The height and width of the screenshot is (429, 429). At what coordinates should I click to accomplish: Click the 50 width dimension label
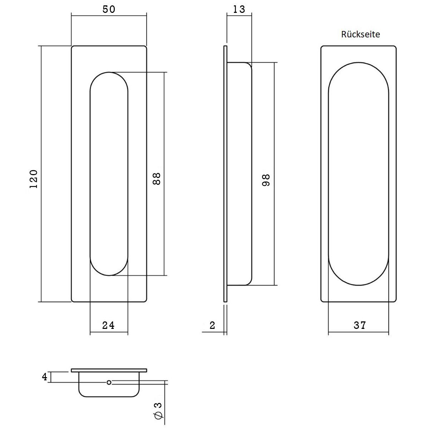coord(109,9)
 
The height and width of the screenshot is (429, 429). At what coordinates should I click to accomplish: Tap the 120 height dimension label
coord(34,179)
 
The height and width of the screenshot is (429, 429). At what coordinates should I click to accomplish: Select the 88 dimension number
coord(157,179)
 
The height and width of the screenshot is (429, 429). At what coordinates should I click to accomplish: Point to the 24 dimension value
coord(108,325)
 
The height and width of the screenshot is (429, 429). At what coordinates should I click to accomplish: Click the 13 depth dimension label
coord(239,9)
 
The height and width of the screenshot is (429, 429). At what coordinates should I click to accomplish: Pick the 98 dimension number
coord(266,180)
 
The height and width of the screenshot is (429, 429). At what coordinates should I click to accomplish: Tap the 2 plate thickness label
coord(212,325)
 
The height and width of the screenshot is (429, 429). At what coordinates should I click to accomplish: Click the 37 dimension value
coord(360,325)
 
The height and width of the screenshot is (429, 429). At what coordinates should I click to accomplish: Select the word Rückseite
coord(360,34)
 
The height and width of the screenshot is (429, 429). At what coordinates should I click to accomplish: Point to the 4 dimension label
coord(45,377)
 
